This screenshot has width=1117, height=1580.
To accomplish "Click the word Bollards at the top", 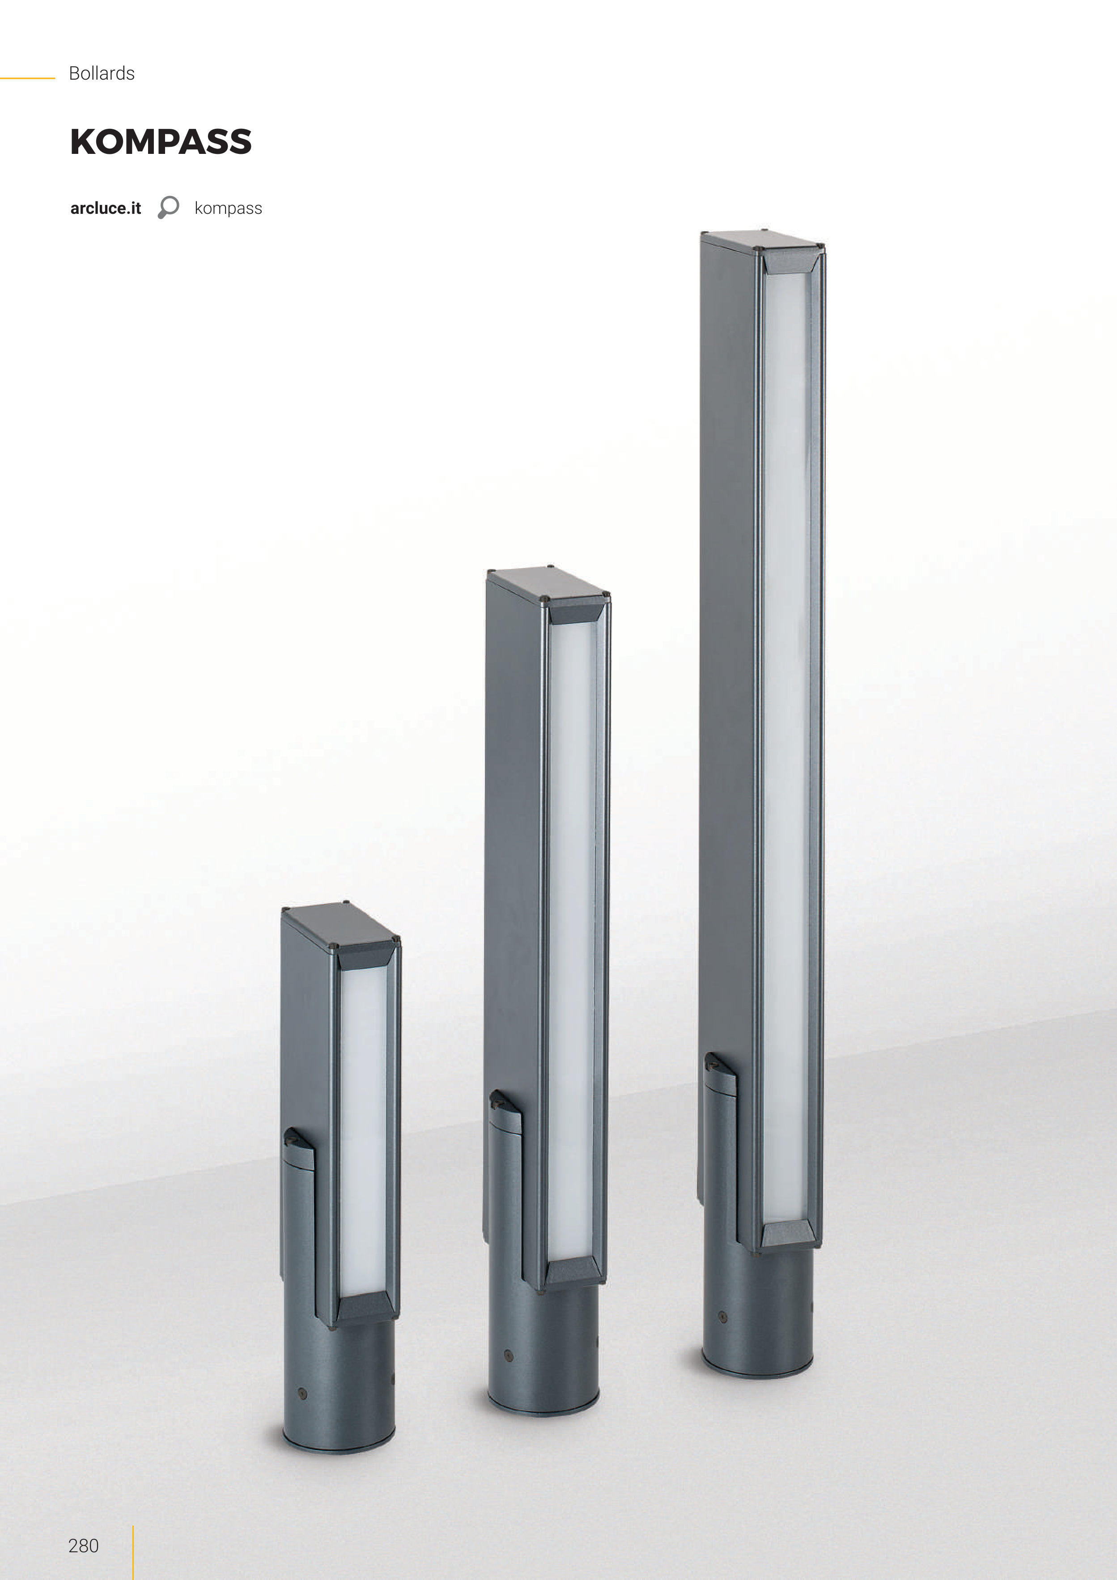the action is tap(102, 74).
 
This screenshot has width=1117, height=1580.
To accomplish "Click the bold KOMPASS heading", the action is tap(161, 142).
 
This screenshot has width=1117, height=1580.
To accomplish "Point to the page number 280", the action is tap(83, 1546).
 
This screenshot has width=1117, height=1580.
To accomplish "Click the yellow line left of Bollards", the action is tap(28, 78).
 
